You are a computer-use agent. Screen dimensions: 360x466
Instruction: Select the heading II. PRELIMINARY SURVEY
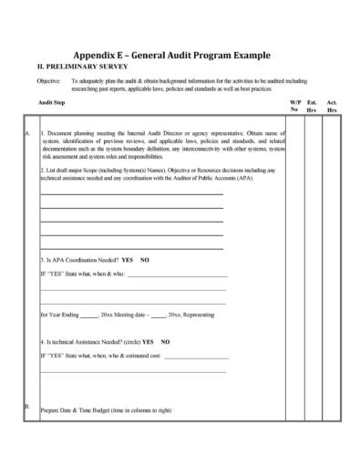pyautogui.click(x=82, y=67)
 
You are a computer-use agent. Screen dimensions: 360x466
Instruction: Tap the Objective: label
pyautogui.click(x=48, y=81)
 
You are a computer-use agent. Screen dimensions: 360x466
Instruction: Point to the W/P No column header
pyautogui.click(x=294, y=107)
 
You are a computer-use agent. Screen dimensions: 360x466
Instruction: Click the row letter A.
pyautogui.click(x=27, y=134)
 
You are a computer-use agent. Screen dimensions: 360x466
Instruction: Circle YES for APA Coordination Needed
pyautogui.click(x=128, y=259)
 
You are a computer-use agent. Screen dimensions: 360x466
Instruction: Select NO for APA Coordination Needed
pyautogui.click(x=145, y=259)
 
